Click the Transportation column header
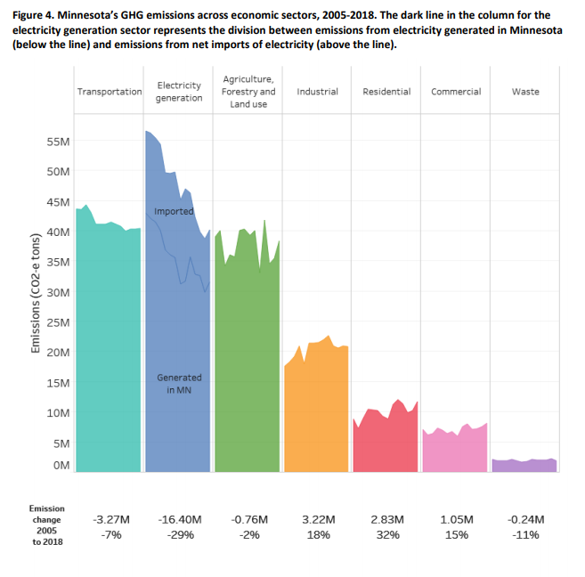coord(110,92)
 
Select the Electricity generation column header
coord(178,92)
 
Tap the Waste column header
coord(525,92)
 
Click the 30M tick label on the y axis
coord(59,293)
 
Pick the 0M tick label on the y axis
coord(61,465)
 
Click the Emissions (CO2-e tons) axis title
coord(37,302)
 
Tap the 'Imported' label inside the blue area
coord(174,211)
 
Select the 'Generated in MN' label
coord(179,384)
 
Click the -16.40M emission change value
coord(179,519)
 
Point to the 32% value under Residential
coord(386,535)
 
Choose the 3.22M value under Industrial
coord(318,519)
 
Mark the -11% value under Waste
coord(524,535)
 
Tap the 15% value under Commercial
coord(455,535)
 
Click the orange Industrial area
coord(316,410)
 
